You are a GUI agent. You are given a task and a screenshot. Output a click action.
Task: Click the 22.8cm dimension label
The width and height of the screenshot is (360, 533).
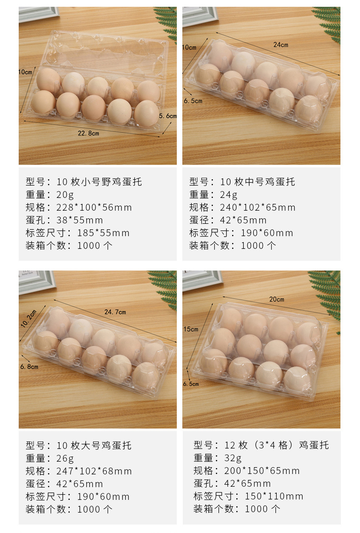(x=88, y=133)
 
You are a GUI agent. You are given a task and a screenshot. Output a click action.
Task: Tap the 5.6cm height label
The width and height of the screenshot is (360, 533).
(x=168, y=116)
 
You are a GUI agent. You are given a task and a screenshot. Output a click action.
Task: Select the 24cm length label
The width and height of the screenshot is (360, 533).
(x=281, y=45)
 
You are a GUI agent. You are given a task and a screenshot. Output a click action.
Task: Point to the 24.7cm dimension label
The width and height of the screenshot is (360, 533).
(x=115, y=312)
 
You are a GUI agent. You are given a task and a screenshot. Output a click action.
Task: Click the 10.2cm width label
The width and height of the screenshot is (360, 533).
(x=28, y=319)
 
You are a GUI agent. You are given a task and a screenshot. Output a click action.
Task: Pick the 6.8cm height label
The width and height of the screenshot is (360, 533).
(x=29, y=367)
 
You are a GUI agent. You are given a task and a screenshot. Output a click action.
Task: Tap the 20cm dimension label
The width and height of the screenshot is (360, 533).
(x=277, y=299)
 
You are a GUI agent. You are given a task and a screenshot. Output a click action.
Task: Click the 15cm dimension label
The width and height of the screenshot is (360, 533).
(x=191, y=329)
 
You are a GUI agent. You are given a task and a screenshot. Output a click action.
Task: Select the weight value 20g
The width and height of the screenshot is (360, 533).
(x=65, y=195)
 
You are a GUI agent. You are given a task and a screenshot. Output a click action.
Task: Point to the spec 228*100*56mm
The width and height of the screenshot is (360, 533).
(x=94, y=208)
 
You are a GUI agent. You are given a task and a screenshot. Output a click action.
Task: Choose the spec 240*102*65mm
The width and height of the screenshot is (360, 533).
(x=258, y=208)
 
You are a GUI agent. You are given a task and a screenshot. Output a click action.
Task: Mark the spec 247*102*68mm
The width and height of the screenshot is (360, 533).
(x=94, y=471)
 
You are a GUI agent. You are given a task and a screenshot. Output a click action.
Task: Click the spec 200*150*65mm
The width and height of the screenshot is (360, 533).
(x=262, y=471)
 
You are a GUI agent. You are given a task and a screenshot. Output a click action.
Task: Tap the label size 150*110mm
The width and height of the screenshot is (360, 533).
(x=274, y=496)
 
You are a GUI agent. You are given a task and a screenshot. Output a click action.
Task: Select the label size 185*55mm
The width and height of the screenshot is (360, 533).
(x=103, y=233)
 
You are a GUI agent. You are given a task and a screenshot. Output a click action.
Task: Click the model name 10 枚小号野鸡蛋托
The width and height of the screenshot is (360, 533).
(x=99, y=182)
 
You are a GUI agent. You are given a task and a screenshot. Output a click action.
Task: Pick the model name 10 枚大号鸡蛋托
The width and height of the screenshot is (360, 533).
(x=94, y=446)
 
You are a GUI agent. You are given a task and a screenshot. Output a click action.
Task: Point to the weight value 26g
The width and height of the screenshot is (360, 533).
(x=65, y=459)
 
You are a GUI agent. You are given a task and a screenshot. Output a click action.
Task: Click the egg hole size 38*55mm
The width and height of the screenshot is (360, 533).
(x=79, y=220)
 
